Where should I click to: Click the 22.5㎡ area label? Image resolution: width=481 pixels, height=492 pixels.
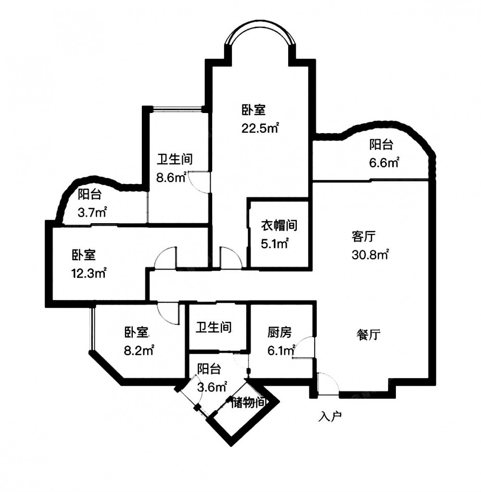tap(260, 128)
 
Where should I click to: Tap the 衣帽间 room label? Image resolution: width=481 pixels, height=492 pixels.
tap(279, 225)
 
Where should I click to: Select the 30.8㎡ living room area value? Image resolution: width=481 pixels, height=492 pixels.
tap(370, 254)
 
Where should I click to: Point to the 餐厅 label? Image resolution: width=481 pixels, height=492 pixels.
tap(368, 335)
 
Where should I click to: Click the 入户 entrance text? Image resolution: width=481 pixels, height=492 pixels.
tap(330, 416)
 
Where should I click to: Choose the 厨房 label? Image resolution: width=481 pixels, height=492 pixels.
tap(279, 332)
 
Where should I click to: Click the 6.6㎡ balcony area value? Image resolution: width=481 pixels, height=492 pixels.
tap(384, 163)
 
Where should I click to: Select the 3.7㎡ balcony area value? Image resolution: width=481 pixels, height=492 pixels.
tap(92, 213)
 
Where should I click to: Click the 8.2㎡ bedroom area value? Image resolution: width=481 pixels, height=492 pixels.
tap(139, 350)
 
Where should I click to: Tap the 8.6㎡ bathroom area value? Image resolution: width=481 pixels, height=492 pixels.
tap(172, 177)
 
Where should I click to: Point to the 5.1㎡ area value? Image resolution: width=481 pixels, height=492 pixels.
tap(275, 243)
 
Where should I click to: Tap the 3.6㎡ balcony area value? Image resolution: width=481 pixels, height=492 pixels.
tap(212, 387)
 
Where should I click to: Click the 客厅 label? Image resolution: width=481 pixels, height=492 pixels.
tap(364, 236)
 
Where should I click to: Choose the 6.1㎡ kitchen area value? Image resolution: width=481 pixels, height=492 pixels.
tap(281, 351)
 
